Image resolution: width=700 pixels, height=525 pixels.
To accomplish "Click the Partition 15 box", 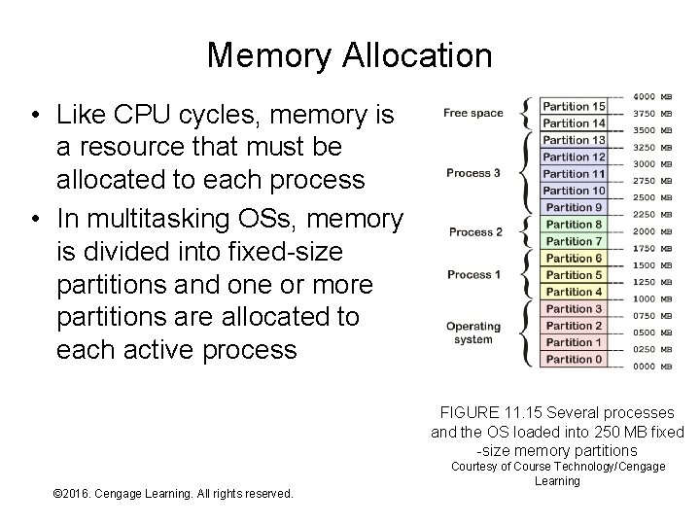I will point(574,106).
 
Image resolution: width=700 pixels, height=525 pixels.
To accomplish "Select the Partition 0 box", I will point(574,360).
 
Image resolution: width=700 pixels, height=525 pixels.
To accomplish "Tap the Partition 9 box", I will point(574,207).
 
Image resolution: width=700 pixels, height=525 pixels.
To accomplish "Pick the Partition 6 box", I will point(574,258).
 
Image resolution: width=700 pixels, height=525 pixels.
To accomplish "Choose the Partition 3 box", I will point(574,309).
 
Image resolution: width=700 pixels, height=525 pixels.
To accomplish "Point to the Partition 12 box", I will point(574,157).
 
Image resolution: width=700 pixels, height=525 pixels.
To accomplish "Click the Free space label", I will point(473,114).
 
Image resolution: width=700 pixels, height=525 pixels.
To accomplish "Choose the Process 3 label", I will point(473,173).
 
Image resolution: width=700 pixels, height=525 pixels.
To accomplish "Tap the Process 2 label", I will point(475,232).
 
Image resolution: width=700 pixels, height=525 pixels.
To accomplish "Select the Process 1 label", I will point(473,275).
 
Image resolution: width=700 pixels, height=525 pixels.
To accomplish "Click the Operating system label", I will point(473,332).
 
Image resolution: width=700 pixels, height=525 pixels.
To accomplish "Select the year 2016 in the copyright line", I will point(84,494).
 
